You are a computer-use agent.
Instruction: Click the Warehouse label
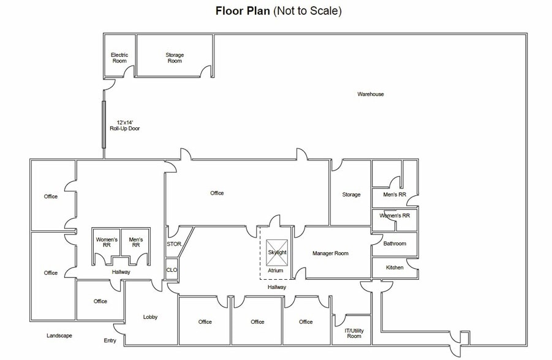point(370,94)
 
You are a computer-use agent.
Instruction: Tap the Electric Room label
point(119,58)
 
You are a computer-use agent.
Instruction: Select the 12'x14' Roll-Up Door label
point(124,126)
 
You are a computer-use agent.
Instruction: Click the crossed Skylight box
point(277,253)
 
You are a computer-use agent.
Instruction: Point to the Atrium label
point(275,271)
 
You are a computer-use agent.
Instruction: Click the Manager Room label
point(330,253)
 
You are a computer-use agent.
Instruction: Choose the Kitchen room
point(395,268)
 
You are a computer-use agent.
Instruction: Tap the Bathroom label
point(395,244)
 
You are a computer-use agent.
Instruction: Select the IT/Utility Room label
point(354,333)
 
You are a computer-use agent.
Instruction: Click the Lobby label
point(150,317)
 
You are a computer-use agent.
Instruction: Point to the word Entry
point(110,340)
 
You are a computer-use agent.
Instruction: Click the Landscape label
point(59,336)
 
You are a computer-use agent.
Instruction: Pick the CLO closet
point(172,269)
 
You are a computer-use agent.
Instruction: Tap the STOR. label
point(174,244)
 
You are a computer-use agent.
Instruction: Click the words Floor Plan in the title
point(243,11)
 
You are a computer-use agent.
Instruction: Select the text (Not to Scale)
point(308,11)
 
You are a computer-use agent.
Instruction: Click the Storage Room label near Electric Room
point(175,58)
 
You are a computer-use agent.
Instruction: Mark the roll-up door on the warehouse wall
point(104,124)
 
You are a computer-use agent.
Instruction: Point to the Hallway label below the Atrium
point(277,287)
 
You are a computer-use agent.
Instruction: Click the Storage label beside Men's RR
point(351,195)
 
